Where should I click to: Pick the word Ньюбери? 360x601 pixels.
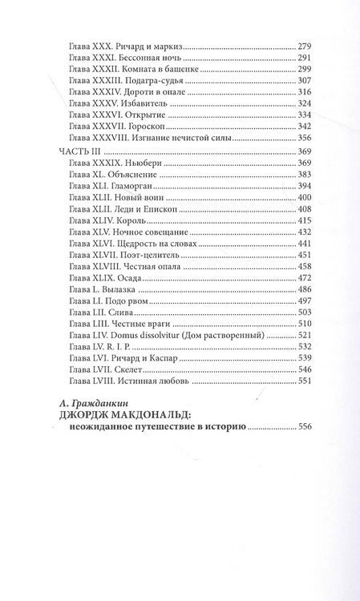(150, 163)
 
